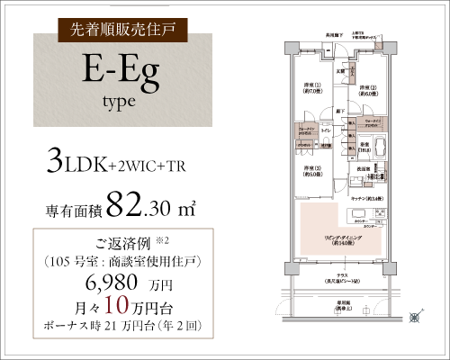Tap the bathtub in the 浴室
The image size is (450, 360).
tap(377, 148)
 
